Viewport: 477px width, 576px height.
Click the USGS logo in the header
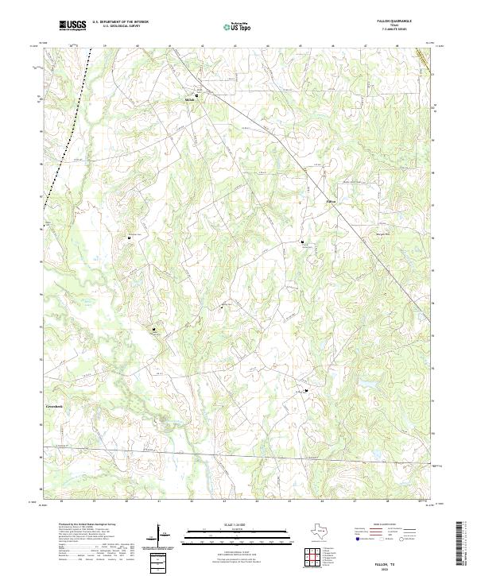(x=73, y=25)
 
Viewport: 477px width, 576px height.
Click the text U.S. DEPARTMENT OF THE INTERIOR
(x=126, y=22)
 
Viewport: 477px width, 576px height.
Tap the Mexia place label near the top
(x=189, y=100)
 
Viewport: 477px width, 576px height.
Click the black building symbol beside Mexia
(x=198, y=95)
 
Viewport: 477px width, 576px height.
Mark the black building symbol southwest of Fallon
(x=302, y=242)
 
